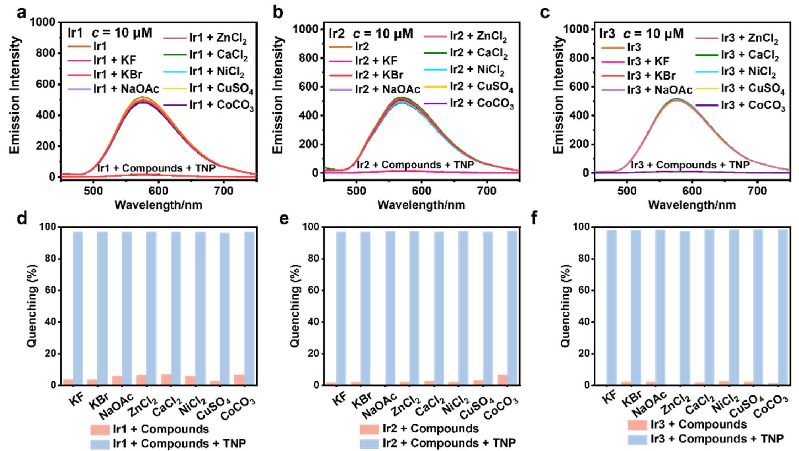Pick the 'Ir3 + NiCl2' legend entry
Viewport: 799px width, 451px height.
pos(738,72)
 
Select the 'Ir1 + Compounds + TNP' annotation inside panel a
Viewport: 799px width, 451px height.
pos(156,168)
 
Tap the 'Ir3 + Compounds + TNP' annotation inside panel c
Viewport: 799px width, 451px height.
pos(690,165)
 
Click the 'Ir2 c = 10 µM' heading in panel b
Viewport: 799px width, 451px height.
pos(371,33)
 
